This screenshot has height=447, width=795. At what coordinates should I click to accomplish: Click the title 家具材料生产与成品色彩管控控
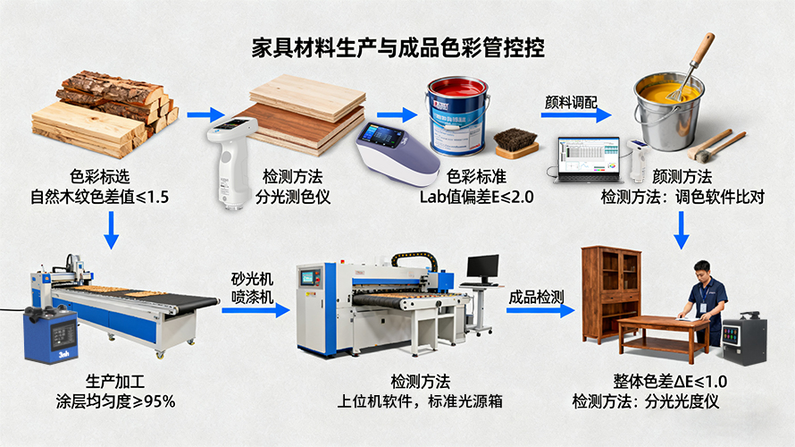click(x=398, y=46)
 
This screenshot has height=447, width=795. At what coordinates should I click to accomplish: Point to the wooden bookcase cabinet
click(x=612, y=293)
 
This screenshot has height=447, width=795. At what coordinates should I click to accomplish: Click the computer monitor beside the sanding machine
click(x=483, y=267)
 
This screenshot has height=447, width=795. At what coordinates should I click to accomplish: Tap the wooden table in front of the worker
click(x=662, y=332)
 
